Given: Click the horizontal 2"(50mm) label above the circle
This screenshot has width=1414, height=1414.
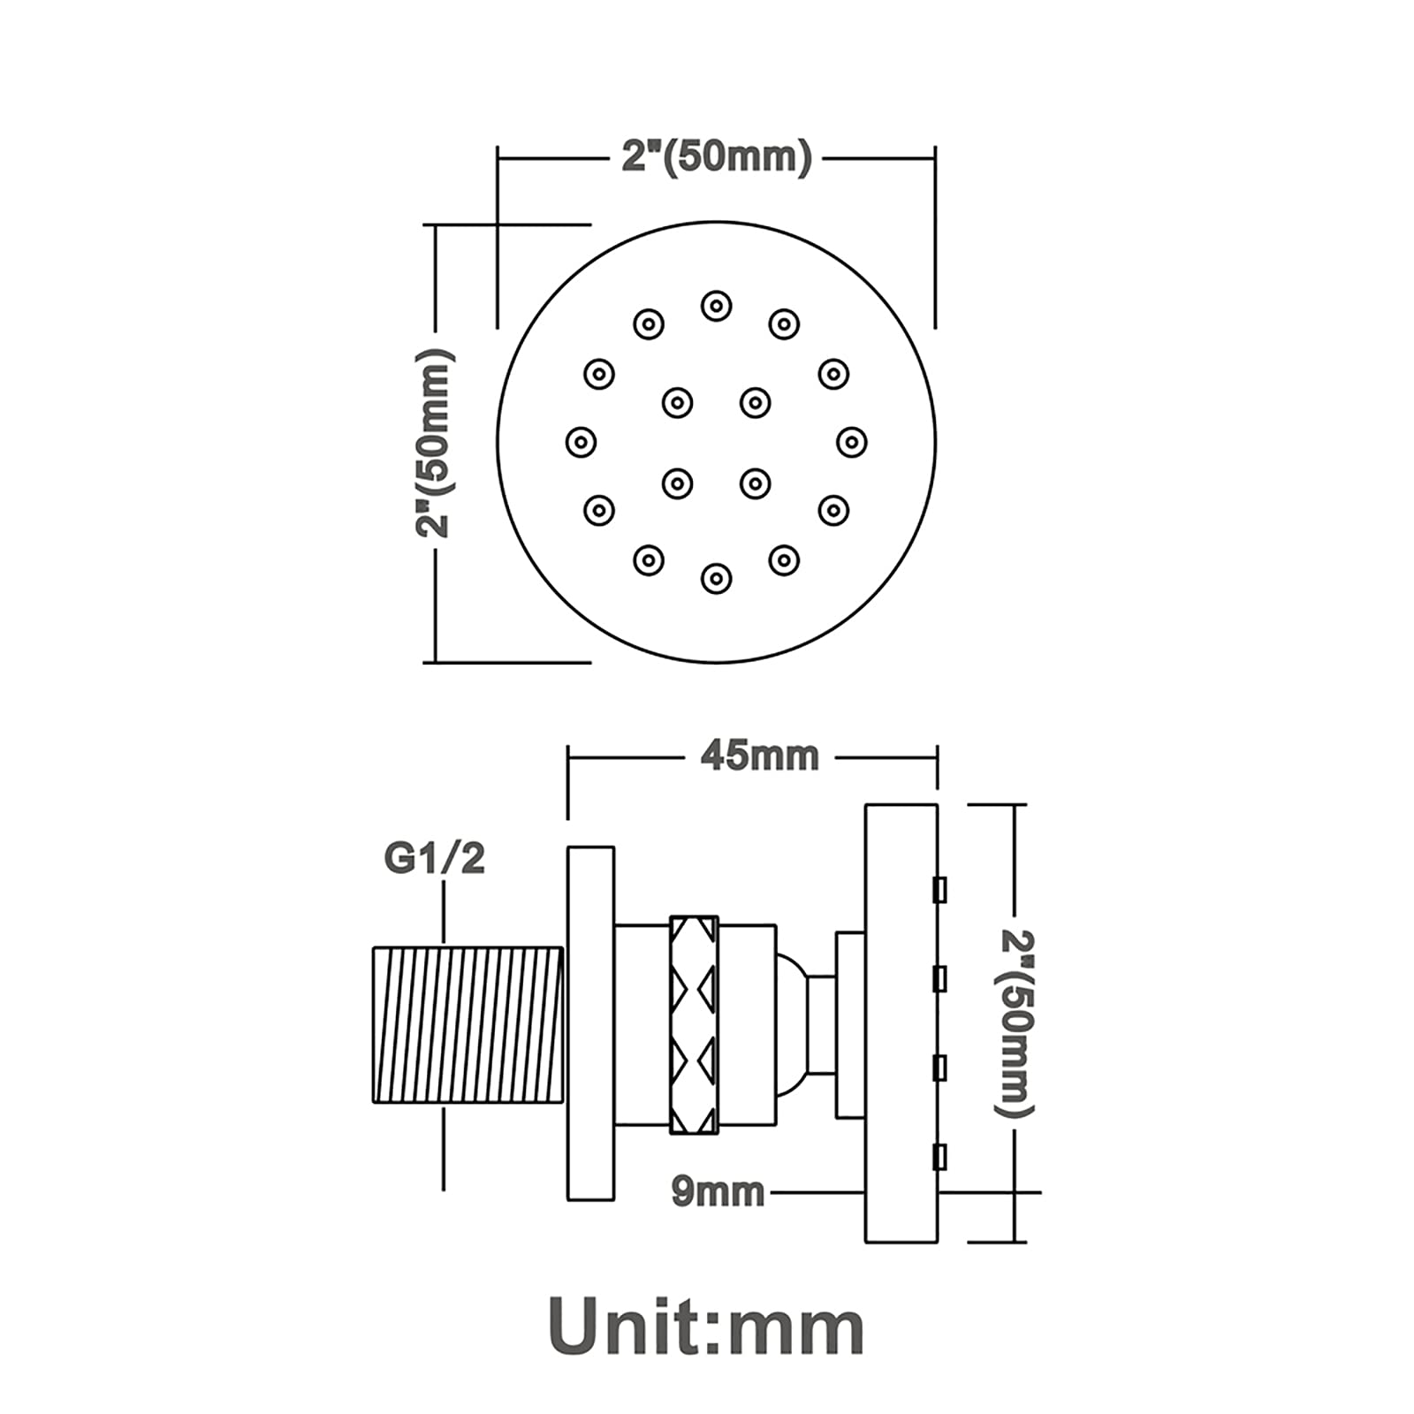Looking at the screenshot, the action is [x=716, y=157].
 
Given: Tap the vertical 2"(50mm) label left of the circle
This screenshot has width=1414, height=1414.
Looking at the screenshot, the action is [x=435, y=442].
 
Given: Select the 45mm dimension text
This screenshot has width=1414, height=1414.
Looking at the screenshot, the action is [x=759, y=756].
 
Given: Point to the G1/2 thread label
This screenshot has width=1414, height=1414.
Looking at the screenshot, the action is [x=434, y=858].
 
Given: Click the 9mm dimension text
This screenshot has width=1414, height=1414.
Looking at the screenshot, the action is [x=718, y=1192].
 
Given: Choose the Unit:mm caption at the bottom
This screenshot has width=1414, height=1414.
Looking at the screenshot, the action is [x=706, y=1328].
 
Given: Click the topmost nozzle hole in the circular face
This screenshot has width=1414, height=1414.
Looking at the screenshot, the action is [x=716, y=306].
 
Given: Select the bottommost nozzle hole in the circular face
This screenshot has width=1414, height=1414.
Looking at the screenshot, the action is [x=716, y=579].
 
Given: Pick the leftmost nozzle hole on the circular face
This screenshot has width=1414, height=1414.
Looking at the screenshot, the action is [x=581, y=442].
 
